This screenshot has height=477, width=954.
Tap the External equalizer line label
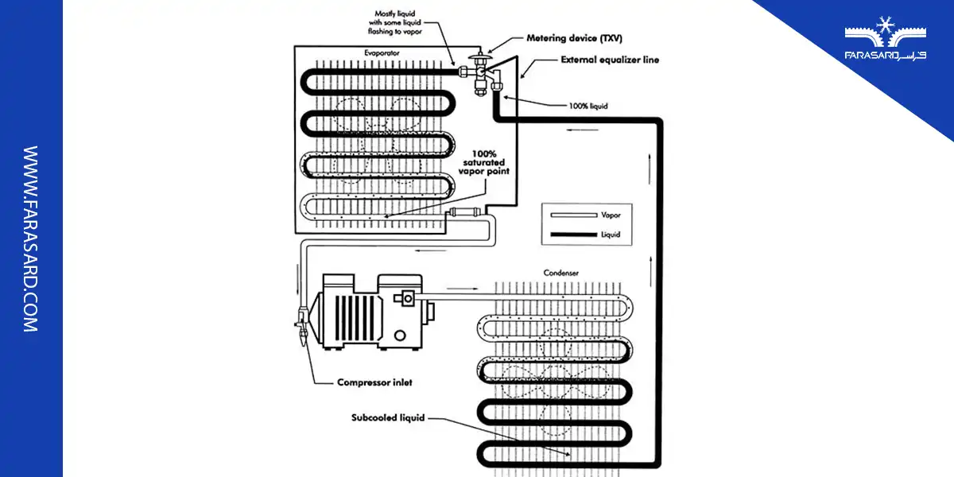coord(609,60)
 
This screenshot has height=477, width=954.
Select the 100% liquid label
coord(588,106)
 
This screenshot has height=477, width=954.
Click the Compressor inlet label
coord(374,382)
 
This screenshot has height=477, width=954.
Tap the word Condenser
coord(560,273)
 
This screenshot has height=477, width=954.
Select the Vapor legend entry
coord(610,215)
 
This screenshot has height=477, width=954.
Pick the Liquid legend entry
coord(610,235)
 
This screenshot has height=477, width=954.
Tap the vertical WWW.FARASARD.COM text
coord(31,238)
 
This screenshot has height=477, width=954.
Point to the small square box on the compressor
coord(410,297)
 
